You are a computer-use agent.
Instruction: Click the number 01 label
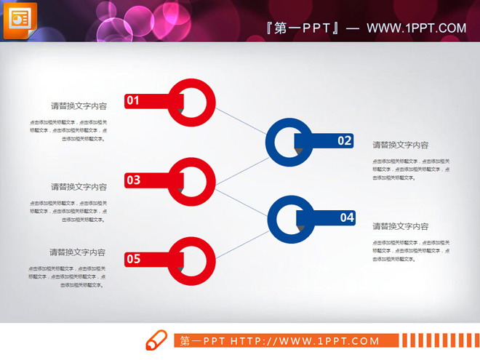click(132, 101)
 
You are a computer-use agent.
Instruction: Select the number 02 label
click(344, 140)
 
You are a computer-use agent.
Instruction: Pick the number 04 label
click(346, 217)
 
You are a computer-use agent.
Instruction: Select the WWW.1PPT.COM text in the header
click(416, 28)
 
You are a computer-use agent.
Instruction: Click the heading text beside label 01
click(79, 106)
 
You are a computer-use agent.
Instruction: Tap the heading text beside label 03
click(79, 187)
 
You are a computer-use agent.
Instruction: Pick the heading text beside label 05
click(78, 252)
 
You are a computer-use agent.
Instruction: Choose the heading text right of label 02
click(401, 145)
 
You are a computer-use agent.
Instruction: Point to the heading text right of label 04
click(401, 227)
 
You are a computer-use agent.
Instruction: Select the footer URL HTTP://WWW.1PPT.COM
click(305, 340)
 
